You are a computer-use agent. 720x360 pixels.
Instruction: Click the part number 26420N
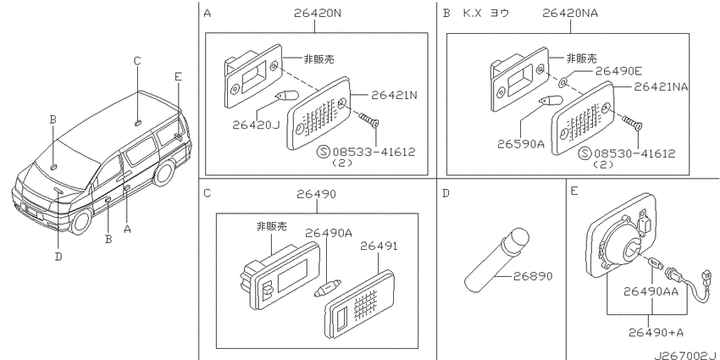click(318, 13)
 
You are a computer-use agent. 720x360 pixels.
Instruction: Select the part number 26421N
click(394, 96)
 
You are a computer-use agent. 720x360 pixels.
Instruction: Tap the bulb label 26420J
click(256, 125)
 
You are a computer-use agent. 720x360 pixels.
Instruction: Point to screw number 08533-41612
click(374, 152)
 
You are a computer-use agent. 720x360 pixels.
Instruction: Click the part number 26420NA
click(570, 13)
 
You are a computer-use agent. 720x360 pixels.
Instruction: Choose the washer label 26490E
click(618, 71)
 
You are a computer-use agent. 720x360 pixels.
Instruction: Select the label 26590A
click(521, 144)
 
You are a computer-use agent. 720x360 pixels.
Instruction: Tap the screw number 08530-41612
click(634, 153)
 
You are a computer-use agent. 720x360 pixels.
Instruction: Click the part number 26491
click(379, 246)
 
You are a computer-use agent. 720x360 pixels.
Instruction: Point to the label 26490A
click(329, 233)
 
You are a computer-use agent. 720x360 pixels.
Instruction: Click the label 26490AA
click(651, 291)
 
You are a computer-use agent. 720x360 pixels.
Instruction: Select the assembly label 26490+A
click(656, 332)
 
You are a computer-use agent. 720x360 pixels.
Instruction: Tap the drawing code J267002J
click(686, 355)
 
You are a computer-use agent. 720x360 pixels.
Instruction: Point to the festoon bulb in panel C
click(329, 289)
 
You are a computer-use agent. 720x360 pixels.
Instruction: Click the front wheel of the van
click(80, 221)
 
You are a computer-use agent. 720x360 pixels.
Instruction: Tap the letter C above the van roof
click(137, 61)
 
